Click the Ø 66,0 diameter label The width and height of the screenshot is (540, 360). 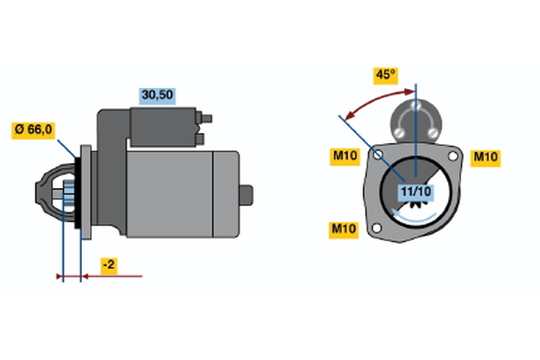34,130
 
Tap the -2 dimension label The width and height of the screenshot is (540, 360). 107,265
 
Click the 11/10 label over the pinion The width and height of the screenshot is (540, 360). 415,191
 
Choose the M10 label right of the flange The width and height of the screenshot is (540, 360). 486,157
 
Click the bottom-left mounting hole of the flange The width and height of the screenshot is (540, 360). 378,231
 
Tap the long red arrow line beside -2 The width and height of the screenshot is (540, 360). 117,276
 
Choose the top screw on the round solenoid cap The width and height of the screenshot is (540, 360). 416,105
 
